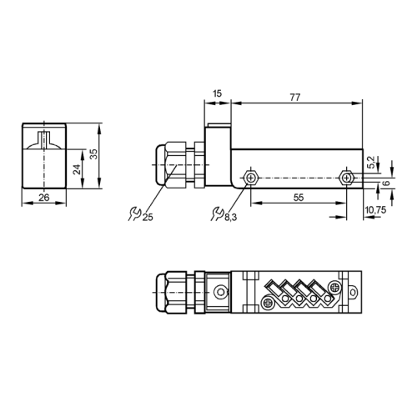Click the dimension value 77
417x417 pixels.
(x=294, y=98)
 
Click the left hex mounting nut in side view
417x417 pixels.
(x=249, y=178)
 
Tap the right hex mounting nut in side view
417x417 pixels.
(x=348, y=178)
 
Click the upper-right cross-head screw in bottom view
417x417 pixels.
(x=335, y=285)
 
